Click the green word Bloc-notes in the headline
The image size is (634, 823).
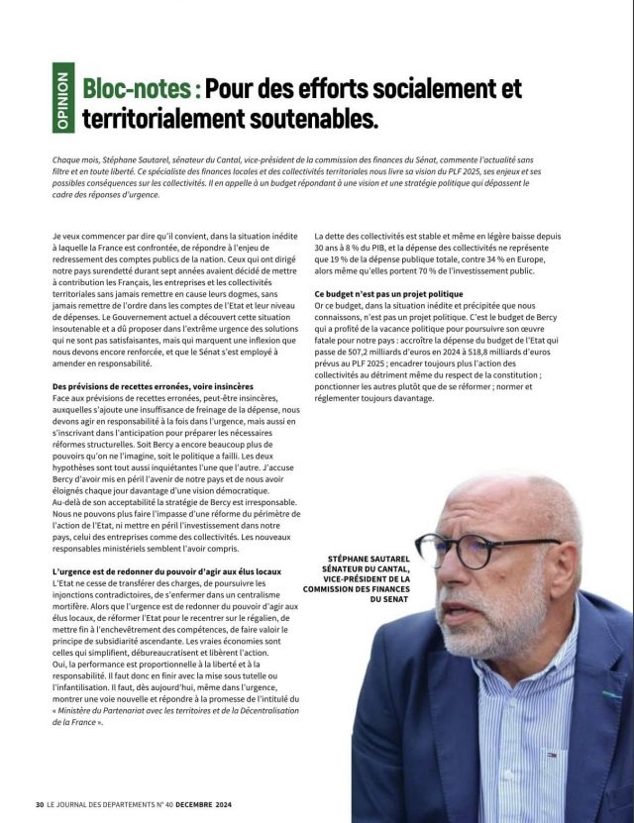(x=139, y=88)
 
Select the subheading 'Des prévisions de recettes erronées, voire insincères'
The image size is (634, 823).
(x=153, y=385)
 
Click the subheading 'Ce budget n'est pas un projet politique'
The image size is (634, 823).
(x=388, y=294)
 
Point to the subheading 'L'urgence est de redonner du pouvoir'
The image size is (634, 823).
(x=163, y=571)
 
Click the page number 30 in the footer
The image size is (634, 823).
(x=40, y=804)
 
